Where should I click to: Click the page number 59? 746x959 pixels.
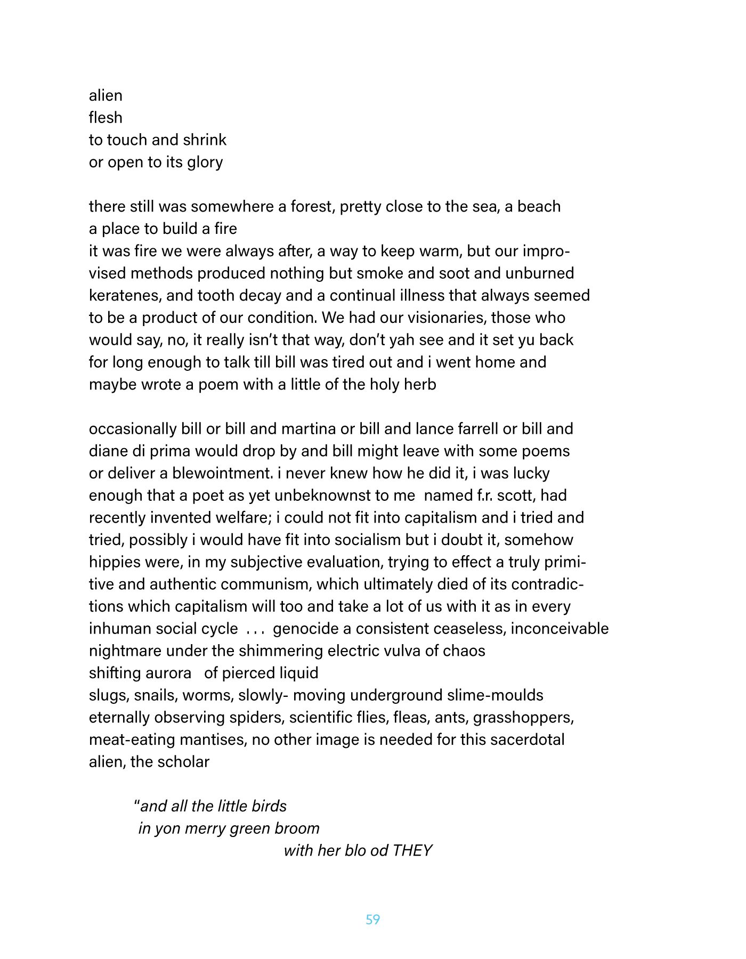pos(372,919)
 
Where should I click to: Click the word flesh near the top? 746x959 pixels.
pos(106,117)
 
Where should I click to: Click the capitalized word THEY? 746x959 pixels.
pos(412,850)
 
